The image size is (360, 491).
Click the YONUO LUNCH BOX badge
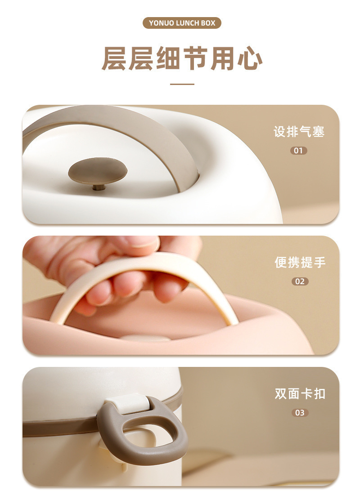pos(182,23)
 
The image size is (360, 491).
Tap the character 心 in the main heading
pos(249,58)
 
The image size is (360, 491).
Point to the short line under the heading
pos(182,84)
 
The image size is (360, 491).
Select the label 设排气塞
pos(299,131)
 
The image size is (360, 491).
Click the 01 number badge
pos(299,151)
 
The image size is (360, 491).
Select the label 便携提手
pos(300,263)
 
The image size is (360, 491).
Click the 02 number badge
pos(300,281)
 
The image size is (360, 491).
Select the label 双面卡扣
pos(300,393)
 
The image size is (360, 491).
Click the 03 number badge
pos(300,412)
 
